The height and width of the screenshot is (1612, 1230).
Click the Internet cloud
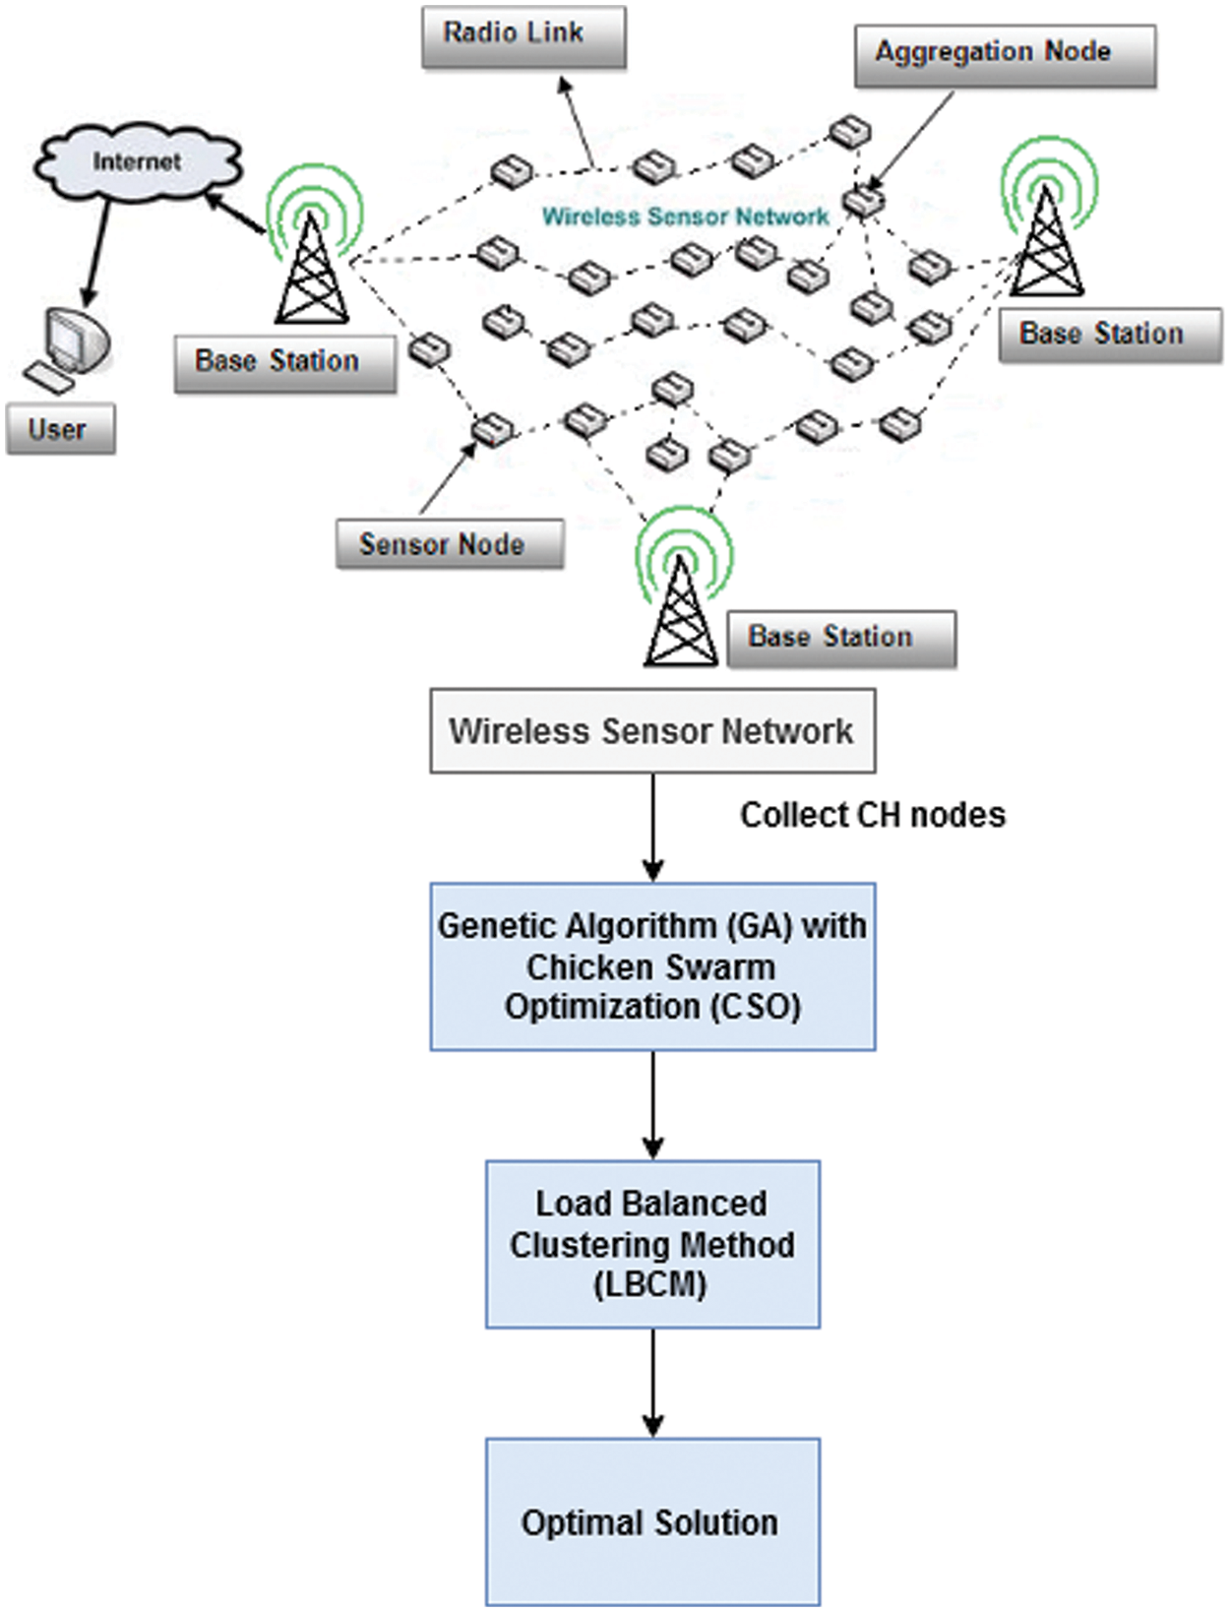tap(137, 162)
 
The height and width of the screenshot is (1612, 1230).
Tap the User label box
tap(60, 429)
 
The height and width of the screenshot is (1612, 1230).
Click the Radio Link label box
tap(523, 36)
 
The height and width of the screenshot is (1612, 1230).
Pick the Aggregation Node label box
tap(1004, 55)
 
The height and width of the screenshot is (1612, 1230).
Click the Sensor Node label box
tap(449, 544)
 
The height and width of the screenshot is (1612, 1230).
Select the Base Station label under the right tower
tap(1109, 335)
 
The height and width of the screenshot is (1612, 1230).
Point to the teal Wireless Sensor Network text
tap(685, 217)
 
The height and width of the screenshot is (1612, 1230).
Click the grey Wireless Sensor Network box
tap(651, 731)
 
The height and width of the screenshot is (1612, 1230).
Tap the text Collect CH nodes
tap(872, 815)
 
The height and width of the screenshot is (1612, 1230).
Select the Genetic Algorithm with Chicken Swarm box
tap(651, 966)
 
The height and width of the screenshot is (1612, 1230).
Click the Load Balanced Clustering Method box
tap(651, 1244)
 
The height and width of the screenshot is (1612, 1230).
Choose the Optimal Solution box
tap(651, 1521)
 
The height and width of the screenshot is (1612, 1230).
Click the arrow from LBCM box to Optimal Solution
tap(652, 1383)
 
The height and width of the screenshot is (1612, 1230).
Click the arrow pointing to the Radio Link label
tap(579, 123)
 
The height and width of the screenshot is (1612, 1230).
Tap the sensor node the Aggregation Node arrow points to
tap(863, 201)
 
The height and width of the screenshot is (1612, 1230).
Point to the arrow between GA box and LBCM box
tap(652, 1104)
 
